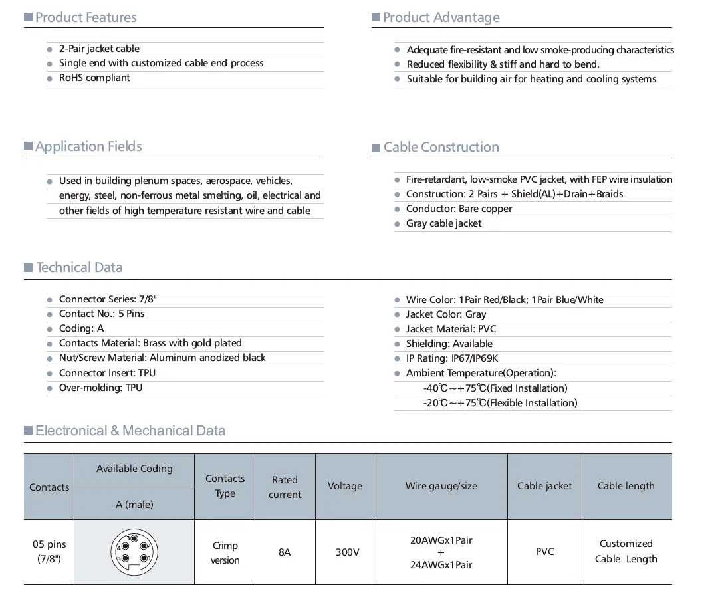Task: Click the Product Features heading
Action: coord(86,17)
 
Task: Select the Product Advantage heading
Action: coord(441,17)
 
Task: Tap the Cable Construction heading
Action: coord(441,147)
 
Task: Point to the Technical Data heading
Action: coord(79,267)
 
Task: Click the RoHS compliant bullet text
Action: coord(94,78)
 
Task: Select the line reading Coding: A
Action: coord(81,328)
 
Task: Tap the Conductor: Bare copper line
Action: coord(459,209)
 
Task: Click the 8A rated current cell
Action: coord(285,552)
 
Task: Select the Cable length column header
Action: coord(626,486)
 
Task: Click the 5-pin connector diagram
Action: coord(134,552)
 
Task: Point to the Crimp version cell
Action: coord(225,552)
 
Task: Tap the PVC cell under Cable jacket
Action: coord(544,552)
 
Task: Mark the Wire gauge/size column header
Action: coord(441,486)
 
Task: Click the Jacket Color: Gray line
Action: coord(445,314)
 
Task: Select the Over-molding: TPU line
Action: coord(100,388)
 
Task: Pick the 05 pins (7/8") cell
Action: coord(49,552)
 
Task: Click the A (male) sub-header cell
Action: coord(134,505)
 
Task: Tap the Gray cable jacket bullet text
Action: coord(443,223)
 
